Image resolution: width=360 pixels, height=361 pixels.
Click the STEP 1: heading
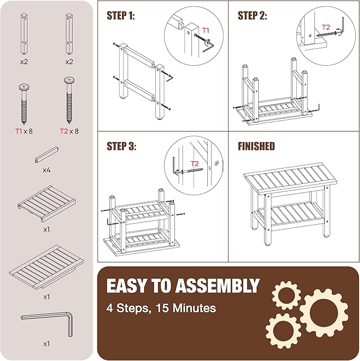tap(121, 15)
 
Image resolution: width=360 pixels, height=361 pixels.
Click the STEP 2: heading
tap(252, 15)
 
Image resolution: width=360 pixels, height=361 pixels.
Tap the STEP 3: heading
tap(121, 146)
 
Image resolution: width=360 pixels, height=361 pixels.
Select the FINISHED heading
tap(257, 146)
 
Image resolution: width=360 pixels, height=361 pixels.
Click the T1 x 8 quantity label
tap(24, 131)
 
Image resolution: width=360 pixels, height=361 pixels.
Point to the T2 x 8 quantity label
tap(69, 131)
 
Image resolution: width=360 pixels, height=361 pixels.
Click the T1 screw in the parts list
tap(24, 104)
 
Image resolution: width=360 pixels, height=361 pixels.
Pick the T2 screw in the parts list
tap(69, 101)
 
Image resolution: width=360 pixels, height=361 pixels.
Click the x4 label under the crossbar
tap(47, 170)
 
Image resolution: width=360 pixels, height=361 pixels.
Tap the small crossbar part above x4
tap(47, 155)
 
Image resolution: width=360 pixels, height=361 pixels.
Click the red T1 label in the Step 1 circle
tap(206, 30)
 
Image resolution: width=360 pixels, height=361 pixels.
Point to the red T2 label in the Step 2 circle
tap(326, 27)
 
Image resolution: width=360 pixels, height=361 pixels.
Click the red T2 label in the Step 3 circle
tap(195, 164)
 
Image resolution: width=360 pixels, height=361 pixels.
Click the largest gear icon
tap(323, 314)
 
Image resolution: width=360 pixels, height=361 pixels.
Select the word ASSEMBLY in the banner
tap(217, 286)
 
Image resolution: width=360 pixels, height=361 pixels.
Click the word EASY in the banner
tap(126, 286)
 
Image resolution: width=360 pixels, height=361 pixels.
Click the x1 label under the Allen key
tap(47, 344)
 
